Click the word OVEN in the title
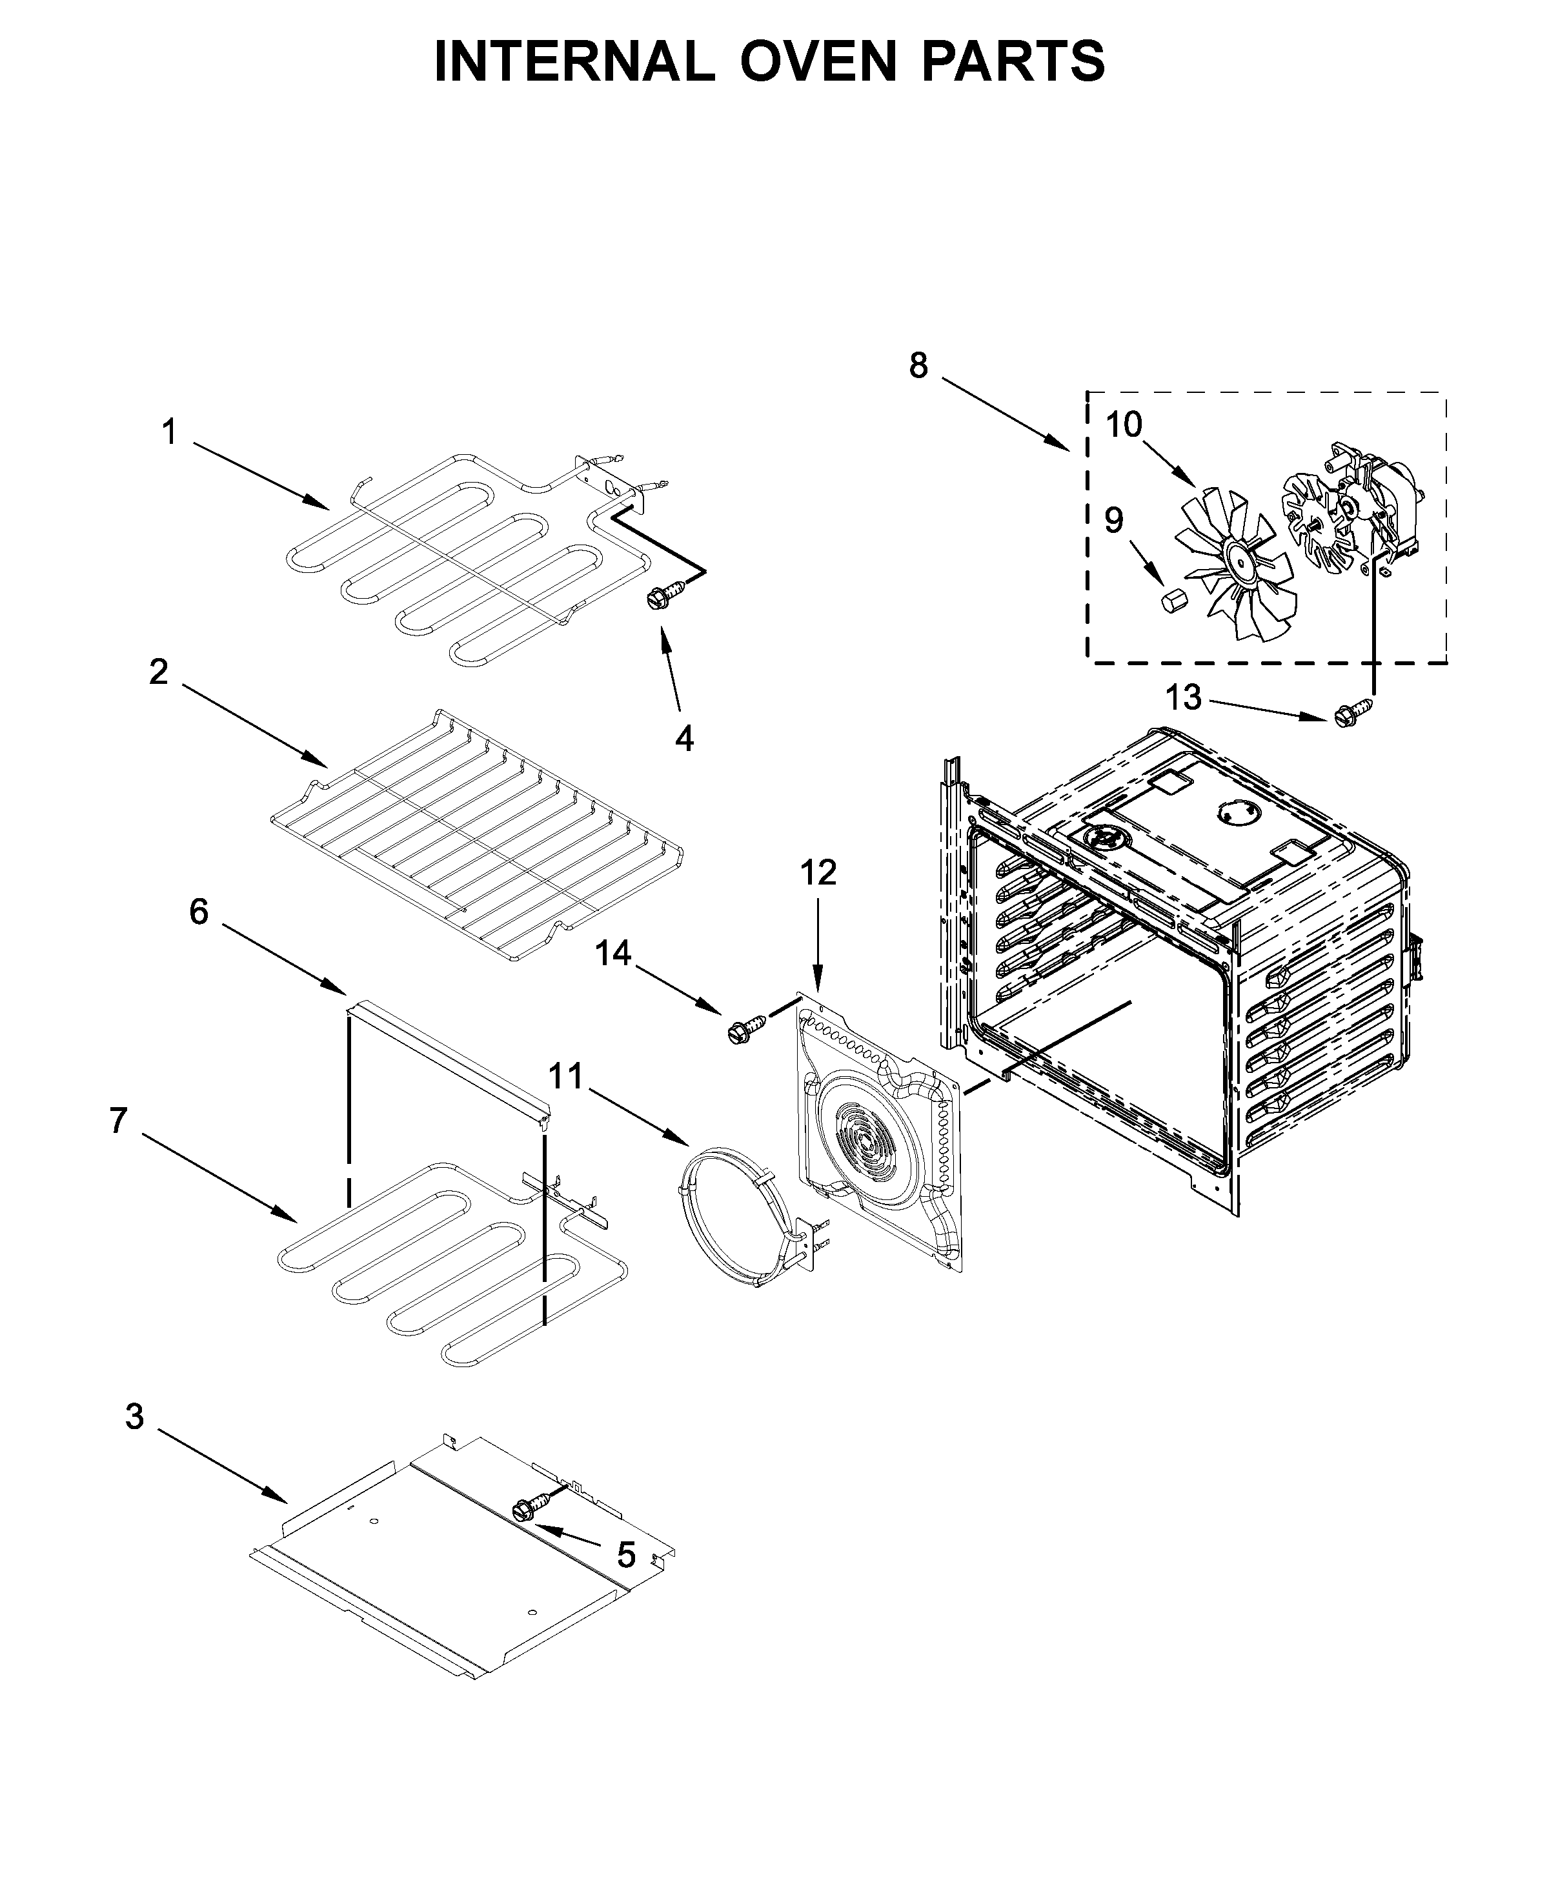(x=818, y=61)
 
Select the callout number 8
(x=918, y=365)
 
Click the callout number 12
(x=818, y=872)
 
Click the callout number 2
(x=158, y=672)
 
